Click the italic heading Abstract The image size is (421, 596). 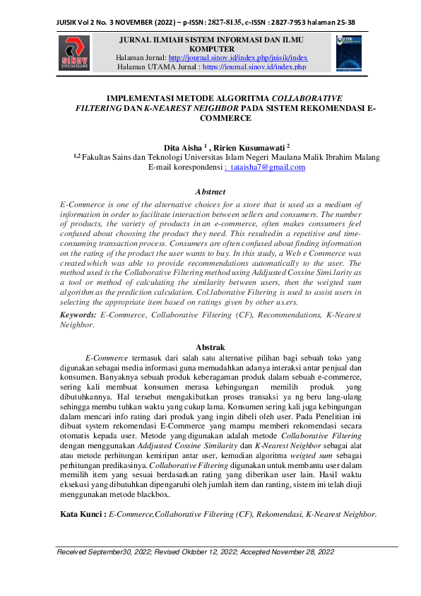click(x=210, y=192)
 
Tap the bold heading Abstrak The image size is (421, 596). click(x=210, y=346)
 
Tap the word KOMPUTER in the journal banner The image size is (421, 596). click(x=210, y=48)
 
